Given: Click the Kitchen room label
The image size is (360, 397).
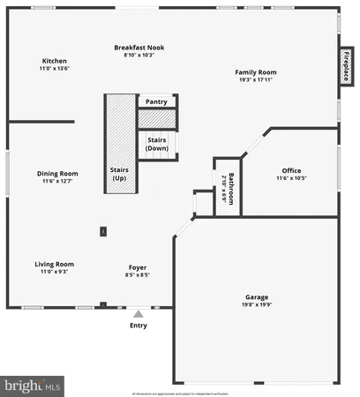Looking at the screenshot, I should click(x=55, y=61).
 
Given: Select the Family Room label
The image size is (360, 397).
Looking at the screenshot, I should click(x=255, y=71).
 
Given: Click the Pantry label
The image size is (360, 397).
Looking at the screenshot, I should click(x=156, y=101).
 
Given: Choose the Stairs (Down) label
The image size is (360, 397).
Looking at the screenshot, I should click(x=156, y=143).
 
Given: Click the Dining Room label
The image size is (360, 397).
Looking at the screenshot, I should click(x=57, y=173).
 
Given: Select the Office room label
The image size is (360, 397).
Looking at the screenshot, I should click(x=291, y=170).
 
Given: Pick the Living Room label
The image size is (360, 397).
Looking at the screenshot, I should click(x=54, y=264).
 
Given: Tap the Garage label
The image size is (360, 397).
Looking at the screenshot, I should click(x=257, y=297).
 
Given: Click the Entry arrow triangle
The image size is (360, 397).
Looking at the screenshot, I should click(x=138, y=312).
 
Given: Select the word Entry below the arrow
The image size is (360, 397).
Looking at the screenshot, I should click(x=139, y=326).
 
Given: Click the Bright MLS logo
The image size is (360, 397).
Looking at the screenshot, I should click(x=34, y=385).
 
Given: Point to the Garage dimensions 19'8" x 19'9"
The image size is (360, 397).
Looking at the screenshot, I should click(x=257, y=305).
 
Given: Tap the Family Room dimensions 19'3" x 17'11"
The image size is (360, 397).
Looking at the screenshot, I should click(x=255, y=79).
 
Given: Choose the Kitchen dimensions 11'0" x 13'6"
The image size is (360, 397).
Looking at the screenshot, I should click(x=55, y=68).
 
